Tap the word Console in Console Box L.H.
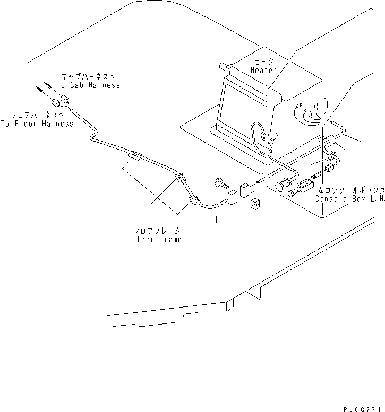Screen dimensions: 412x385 332,199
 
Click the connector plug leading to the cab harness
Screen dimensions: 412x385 65,98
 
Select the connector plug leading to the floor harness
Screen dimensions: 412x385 55,102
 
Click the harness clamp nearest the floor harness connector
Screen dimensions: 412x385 136,156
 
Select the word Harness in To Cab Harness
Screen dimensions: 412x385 105,85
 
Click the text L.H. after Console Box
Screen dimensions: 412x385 376,199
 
